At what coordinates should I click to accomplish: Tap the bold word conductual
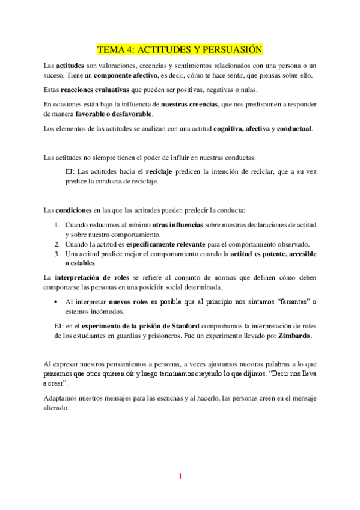[293, 128]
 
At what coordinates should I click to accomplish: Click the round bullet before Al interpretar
[56, 301]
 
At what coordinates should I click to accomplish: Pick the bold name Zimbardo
[294, 335]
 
